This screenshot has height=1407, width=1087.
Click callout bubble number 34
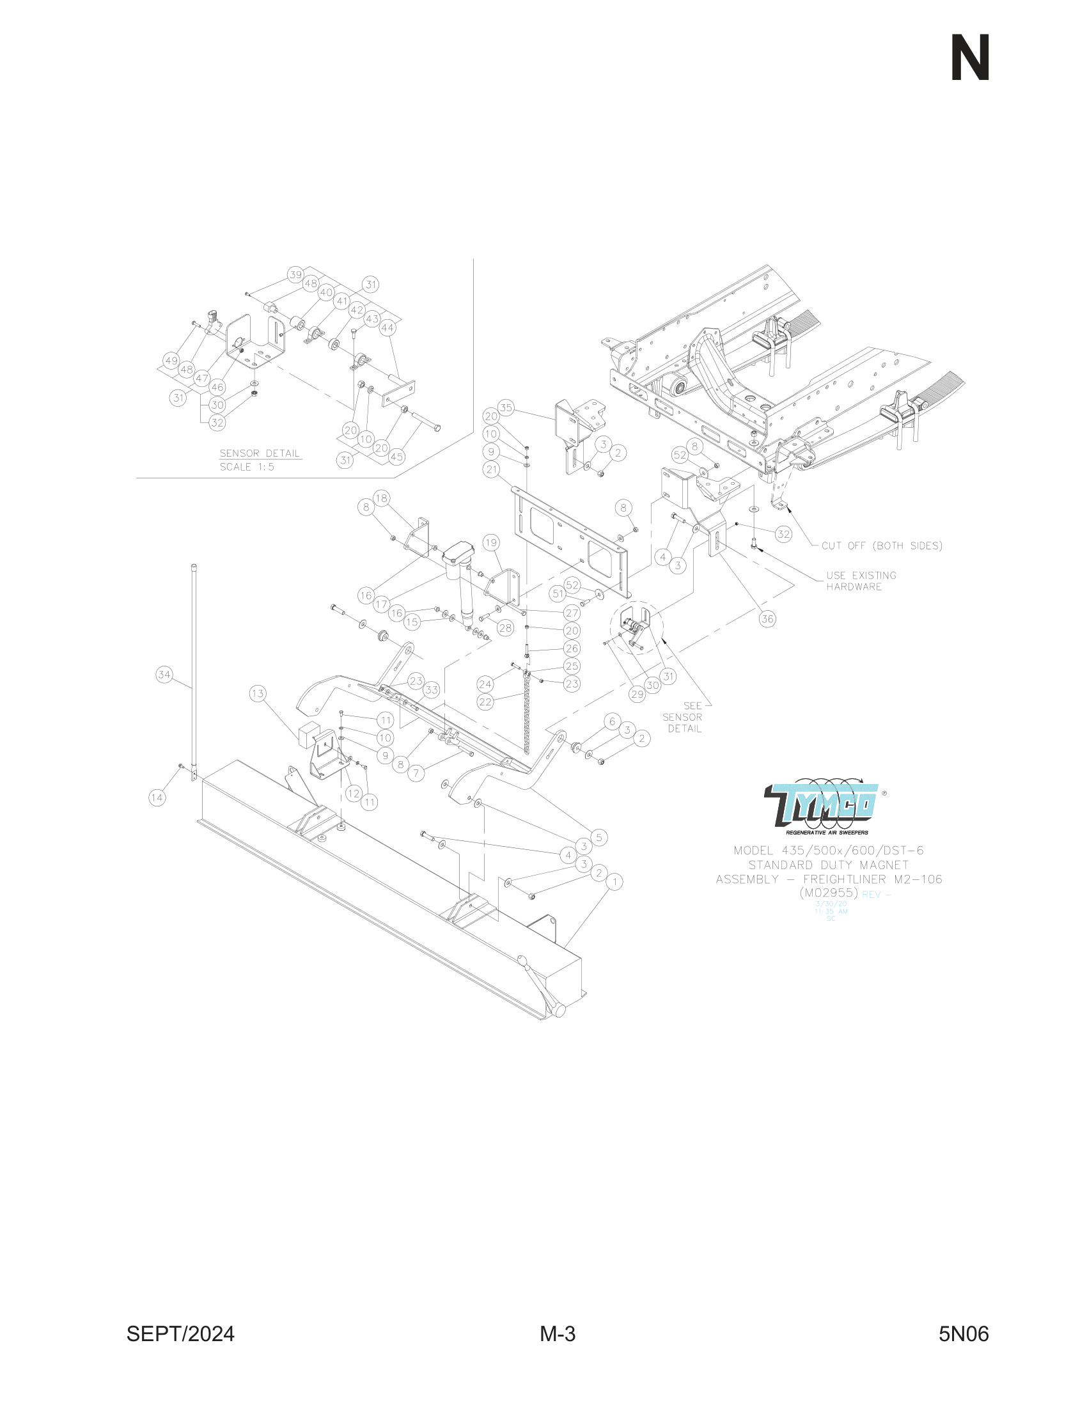(x=164, y=675)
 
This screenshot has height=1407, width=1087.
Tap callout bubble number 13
(x=258, y=694)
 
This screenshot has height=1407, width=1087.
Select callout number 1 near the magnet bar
(x=615, y=881)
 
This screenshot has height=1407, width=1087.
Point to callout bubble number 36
(x=767, y=619)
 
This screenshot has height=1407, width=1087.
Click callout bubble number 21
(x=492, y=469)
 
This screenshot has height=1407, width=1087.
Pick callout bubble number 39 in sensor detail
(x=295, y=274)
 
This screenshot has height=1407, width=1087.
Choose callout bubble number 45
(x=396, y=457)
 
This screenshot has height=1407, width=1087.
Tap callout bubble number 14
(x=157, y=798)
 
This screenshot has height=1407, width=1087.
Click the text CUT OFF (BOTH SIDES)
(x=882, y=546)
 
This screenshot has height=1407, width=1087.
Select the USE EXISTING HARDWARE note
(x=861, y=581)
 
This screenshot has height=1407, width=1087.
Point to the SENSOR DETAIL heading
(x=260, y=453)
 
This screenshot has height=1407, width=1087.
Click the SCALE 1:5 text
(x=247, y=467)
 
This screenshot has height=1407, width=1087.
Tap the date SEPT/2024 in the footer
(x=180, y=1333)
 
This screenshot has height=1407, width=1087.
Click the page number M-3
(x=558, y=1333)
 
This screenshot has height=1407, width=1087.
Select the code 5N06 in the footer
(x=964, y=1333)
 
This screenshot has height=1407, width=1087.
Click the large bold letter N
(x=970, y=59)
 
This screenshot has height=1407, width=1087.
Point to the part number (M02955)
(x=829, y=893)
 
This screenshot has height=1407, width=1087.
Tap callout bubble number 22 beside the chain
(x=485, y=702)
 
